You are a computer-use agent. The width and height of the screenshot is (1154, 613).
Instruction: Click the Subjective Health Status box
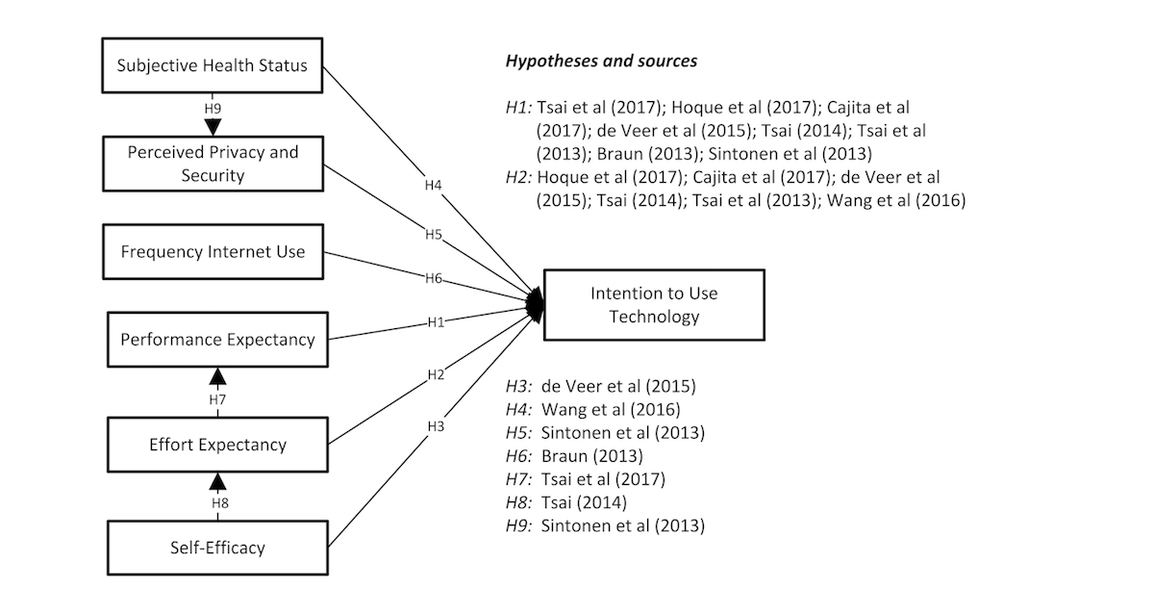[213, 65]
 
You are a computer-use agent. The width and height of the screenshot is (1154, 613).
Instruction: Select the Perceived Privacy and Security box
[213, 164]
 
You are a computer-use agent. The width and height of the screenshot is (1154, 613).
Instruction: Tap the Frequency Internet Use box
[213, 251]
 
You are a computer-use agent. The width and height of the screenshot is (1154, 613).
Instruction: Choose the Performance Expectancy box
[217, 340]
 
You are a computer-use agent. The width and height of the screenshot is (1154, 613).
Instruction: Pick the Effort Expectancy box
[217, 445]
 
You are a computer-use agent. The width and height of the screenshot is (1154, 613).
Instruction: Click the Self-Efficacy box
[217, 548]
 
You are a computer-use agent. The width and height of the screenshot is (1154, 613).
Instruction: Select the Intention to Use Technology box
[654, 305]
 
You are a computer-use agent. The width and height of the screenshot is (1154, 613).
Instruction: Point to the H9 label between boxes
[213, 109]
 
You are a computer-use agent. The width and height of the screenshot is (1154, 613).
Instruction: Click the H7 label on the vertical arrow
[217, 399]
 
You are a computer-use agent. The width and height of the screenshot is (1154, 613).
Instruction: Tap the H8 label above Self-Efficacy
[220, 503]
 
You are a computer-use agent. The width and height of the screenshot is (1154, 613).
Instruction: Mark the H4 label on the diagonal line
[434, 185]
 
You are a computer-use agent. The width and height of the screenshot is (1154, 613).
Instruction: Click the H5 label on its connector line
[434, 235]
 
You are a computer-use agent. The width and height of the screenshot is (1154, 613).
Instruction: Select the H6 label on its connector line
[434, 278]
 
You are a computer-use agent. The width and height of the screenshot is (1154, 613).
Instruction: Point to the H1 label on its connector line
[436, 322]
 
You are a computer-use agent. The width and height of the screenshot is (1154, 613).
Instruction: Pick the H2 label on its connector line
[436, 374]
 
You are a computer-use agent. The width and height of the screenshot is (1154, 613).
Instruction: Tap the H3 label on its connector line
[436, 426]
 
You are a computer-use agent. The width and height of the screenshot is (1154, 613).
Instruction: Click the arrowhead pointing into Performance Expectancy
[218, 377]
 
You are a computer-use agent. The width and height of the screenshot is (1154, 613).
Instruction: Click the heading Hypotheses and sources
[601, 61]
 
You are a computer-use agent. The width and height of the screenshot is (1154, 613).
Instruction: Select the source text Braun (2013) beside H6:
[592, 456]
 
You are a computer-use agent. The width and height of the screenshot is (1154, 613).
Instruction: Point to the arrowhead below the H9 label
[213, 127]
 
